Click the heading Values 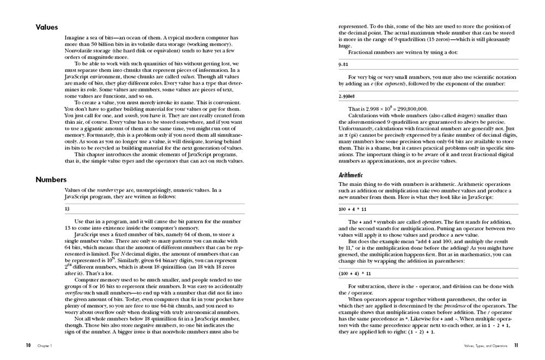(47, 27)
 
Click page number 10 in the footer (28, 345)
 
